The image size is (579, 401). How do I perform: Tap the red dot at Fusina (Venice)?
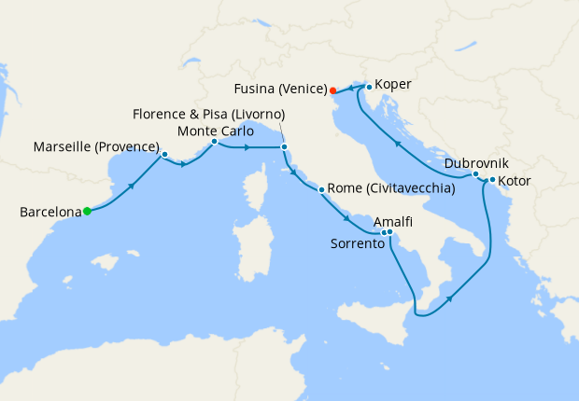click(x=332, y=90)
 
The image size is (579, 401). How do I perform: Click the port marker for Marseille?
click(x=164, y=154)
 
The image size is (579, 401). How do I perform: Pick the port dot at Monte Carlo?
click(x=214, y=142)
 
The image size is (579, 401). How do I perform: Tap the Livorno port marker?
click(x=284, y=146)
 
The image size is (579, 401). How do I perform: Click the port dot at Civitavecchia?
click(x=322, y=190)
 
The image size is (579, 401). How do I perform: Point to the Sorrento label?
click(x=358, y=243)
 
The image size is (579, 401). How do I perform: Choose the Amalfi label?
click(x=392, y=225)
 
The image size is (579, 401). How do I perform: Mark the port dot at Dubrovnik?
click(x=475, y=173)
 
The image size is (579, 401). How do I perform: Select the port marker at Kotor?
click(x=492, y=179)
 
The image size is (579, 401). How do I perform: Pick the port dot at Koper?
click(x=370, y=88)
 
